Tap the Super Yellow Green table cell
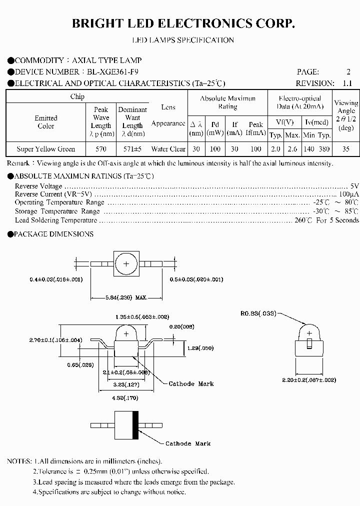[x=46, y=149]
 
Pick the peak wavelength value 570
[x=101, y=149]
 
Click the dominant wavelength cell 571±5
[x=132, y=149]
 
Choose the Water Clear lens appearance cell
[x=168, y=149]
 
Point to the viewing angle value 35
[x=346, y=149]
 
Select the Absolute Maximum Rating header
[x=227, y=102]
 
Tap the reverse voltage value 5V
[x=354, y=186]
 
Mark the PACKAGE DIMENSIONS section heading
[x=53, y=234]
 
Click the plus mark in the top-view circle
[x=126, y=263]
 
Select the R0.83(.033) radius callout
[x=257, y=313]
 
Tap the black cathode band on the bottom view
[x=135, y=425]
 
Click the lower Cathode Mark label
[x=188, y=443]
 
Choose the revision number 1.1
[x=347, y=83]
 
